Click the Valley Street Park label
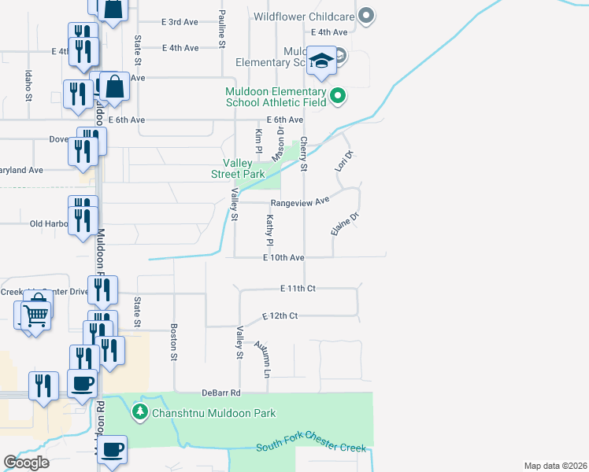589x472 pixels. coord(238,168)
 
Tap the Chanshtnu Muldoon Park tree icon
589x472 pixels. coord(139,411)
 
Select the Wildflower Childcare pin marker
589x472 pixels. coord(365,15)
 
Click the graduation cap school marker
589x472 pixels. coord(321,61)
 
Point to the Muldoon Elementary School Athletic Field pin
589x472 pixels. coord(338,96)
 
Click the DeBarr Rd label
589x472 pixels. coord(220,392)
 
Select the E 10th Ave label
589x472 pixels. coord(283,257)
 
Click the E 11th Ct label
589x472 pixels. coord(298,289)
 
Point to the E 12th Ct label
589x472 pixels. coord(280,315)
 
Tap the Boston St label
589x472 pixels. coord(174,343)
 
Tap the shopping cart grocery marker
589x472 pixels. coord(35,316)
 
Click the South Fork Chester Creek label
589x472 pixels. coord(312,448)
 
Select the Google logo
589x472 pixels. coord(26,463)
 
